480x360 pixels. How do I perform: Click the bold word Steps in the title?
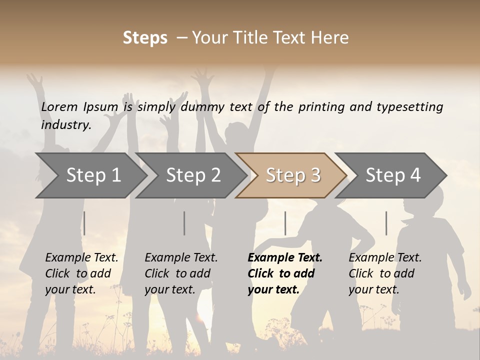145,38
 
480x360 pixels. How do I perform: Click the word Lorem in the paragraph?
59,106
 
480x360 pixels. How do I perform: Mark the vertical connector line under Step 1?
84,223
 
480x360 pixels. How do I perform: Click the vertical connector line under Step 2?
184,223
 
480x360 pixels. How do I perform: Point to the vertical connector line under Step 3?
285,223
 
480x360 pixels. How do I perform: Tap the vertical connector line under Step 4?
386,223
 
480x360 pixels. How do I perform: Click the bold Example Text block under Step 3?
284,273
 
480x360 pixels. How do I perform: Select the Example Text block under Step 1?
81,273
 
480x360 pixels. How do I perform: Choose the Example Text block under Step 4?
384,273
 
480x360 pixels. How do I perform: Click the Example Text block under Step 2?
181,273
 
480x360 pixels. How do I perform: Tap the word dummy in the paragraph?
204,106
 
